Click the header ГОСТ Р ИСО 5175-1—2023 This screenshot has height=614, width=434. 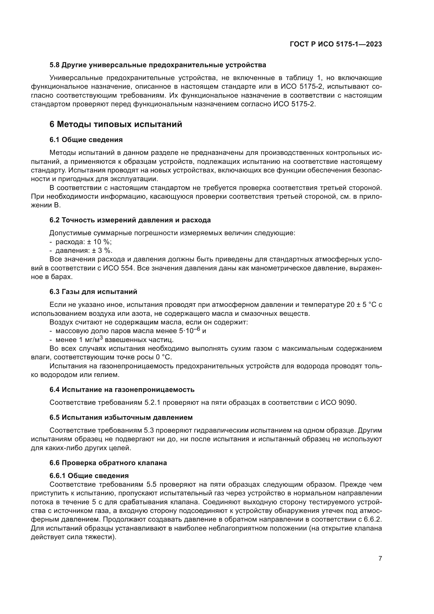336,44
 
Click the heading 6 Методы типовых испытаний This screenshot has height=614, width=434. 116,124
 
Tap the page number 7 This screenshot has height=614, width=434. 380,558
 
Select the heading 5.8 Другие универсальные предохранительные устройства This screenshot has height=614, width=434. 158,65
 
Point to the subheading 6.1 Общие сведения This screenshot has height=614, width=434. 86,140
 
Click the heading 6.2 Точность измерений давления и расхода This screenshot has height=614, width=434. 130,220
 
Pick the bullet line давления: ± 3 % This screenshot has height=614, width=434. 84,251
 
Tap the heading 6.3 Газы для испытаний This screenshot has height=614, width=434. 93,292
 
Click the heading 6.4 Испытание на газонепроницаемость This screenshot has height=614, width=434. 122,390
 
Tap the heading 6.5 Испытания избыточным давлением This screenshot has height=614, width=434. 121,417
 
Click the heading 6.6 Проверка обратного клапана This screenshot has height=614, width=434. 108,463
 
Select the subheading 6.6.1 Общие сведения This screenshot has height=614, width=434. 89,476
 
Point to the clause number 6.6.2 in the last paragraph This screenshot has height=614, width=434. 373,519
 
